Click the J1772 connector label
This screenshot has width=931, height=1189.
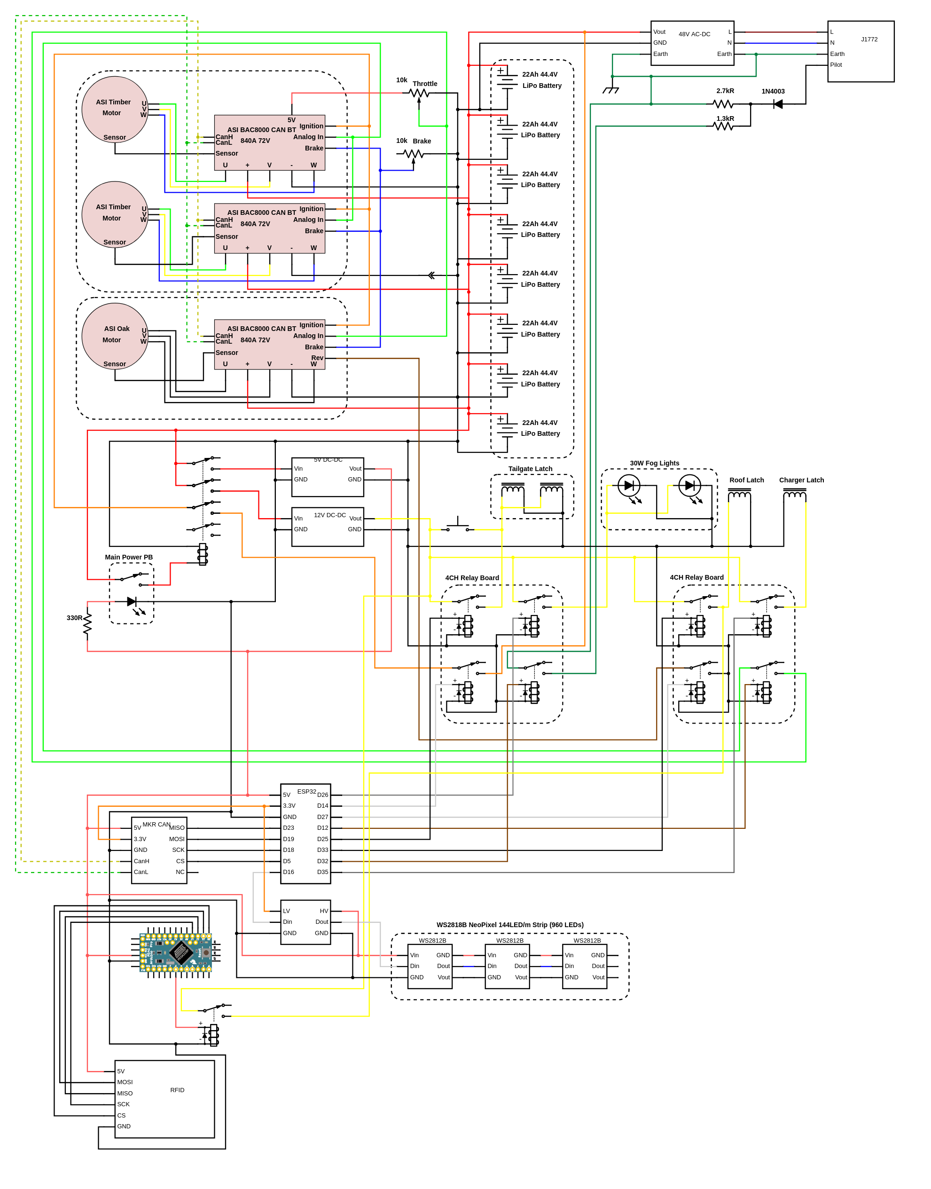click(x=869, y=39)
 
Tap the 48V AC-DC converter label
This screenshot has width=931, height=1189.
click(x=694, y=34)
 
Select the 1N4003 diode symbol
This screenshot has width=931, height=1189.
click(x=778, y=103)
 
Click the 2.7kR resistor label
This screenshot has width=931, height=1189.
click(x=725, y=91)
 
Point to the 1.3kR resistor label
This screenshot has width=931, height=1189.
click(x=725, y=118)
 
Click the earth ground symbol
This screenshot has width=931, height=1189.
click(x=611, y=90)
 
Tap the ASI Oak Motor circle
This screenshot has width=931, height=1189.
click(x=115, y=336)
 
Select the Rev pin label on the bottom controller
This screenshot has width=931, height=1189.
click(x=317, y=358)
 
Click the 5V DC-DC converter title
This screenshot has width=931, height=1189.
click(x=328, y=460)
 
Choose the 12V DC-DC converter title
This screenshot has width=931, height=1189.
click(x=329, y=515)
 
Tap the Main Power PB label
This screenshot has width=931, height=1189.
click(x=129, y=557)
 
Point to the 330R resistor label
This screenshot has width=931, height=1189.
click(x=74, y=618)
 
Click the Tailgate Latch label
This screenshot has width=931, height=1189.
click(x=530, y=469)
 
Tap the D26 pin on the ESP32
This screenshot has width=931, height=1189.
click(x=322, y=795)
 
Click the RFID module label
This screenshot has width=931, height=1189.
click(x=177, y=1090)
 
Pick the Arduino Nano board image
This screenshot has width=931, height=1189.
click(x=175, y=953)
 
